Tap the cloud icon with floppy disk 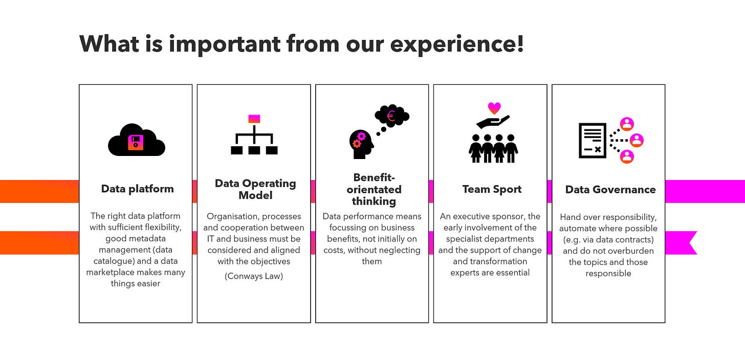click(136, 140)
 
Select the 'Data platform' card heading click(137, 189)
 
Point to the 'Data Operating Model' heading click(255, 189)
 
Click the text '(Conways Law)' click(254, 277)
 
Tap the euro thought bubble click(392, 116)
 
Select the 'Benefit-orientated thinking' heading click(374, 189)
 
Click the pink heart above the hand click(494, 108)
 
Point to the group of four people click(493, 148)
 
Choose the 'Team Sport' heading click(492, 189)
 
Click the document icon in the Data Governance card click(592, 140)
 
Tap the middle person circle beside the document click(637, 140)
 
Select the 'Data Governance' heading click(610, 190)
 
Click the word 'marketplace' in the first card click(108, 272)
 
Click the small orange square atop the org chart click(254, 119)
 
